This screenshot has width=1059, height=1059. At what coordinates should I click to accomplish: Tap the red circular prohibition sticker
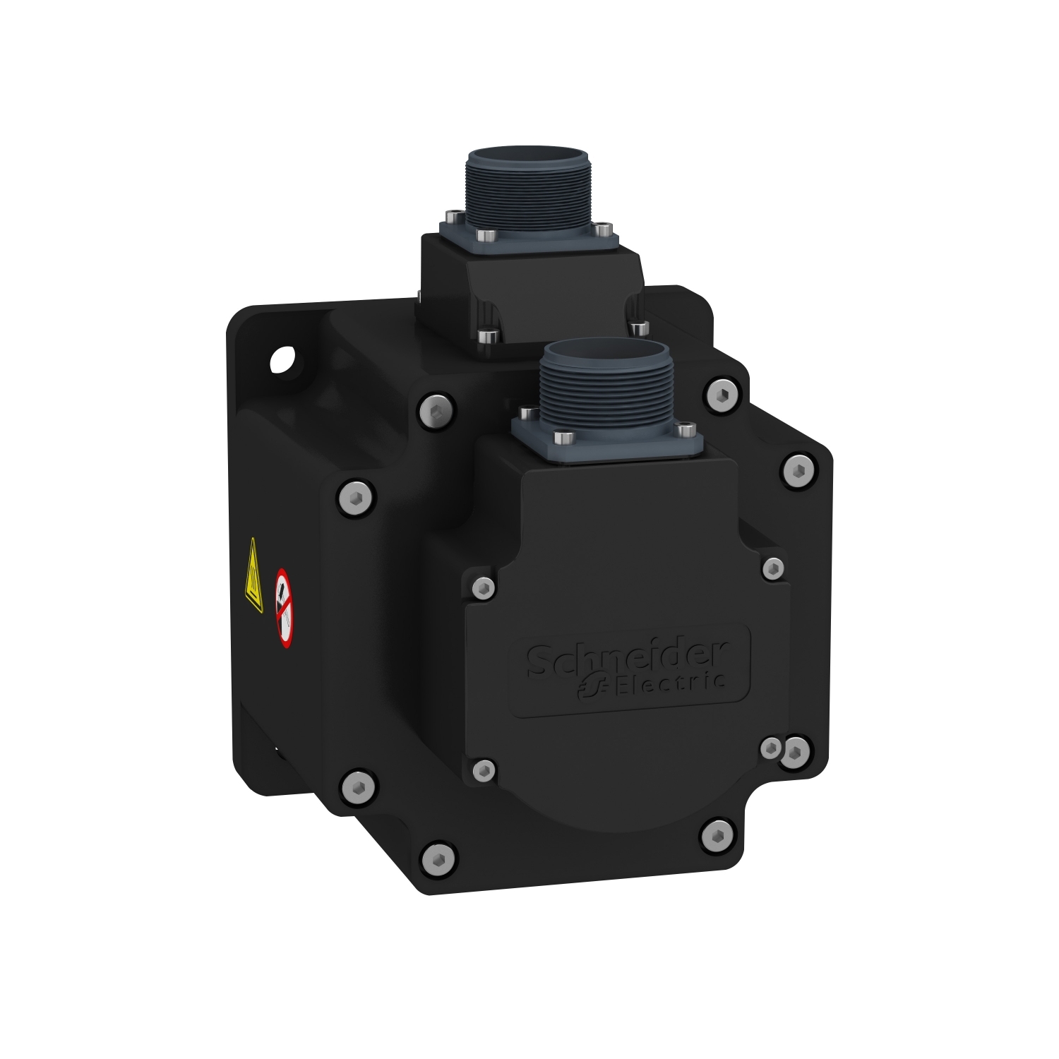tap(283, 607)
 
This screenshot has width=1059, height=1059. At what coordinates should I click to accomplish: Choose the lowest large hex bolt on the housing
tap(434, 857)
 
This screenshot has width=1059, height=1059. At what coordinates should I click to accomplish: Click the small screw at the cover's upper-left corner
tap(483, 585)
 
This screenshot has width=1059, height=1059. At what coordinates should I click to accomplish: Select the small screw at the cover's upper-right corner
tap(773, 567)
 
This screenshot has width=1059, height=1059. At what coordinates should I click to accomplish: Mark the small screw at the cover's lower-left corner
tap(483, 769)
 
